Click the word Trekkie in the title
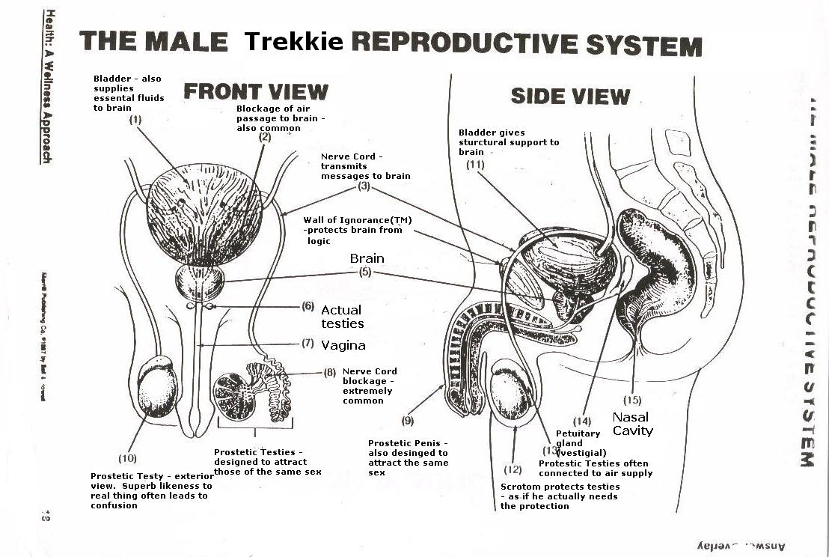[x=293, y=42]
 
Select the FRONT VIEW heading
[x=256, y=91]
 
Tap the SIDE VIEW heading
[x=570, y=96]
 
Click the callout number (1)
[x=135, y=119]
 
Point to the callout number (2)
[x=265, y=137]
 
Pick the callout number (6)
[x=308, y=305]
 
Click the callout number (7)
[x=308, y=344]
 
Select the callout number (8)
[x=330, y=372]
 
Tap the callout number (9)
[x=408, y=420]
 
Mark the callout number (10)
[x=128, y=457]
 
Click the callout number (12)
[x=513, y=469]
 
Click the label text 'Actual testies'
[x=342, y=317]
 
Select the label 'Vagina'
[x=343, y=345]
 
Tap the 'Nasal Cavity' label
[x=631, y=424]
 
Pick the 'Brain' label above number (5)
[x=367, y=258]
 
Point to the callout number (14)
[x=582, y=420]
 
